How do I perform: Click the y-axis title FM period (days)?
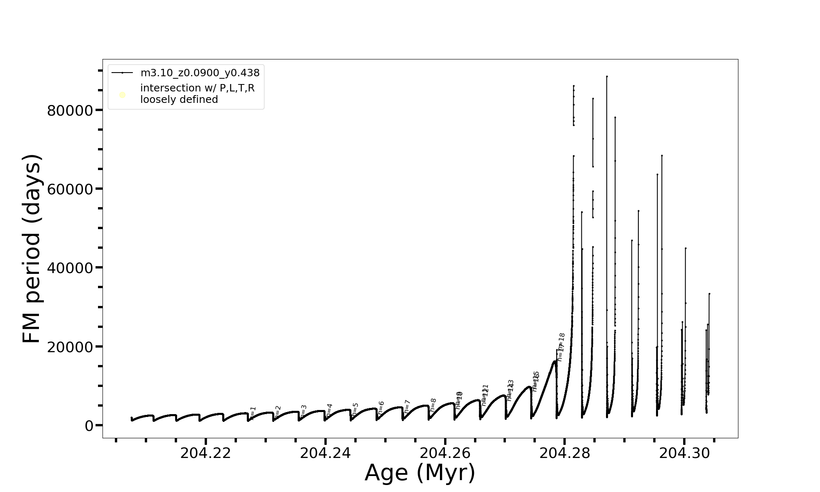[x=32, y=249]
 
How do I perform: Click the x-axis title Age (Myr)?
[x=420, y=473]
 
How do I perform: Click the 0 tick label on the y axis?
[x=89, y=426]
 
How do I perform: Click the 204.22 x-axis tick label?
[x=206, y=453]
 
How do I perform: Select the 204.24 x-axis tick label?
[x=326, y=453]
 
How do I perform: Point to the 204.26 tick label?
[x=445, y=453]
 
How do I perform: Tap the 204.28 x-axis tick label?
[x=565, y=453]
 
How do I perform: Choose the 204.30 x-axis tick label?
[x=684, y=453]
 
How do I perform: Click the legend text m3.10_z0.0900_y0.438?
[x=200, y=73]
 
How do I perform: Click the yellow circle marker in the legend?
[x=122, y=95]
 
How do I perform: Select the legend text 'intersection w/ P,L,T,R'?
[x=197, y=88]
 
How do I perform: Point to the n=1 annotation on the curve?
[x=253, y=413]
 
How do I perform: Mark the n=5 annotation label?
[x=355, y=409]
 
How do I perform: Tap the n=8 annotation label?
[x=433, y=405]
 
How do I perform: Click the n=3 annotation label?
[x=303, y=411]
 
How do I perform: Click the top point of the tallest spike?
[x=607, y=76]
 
